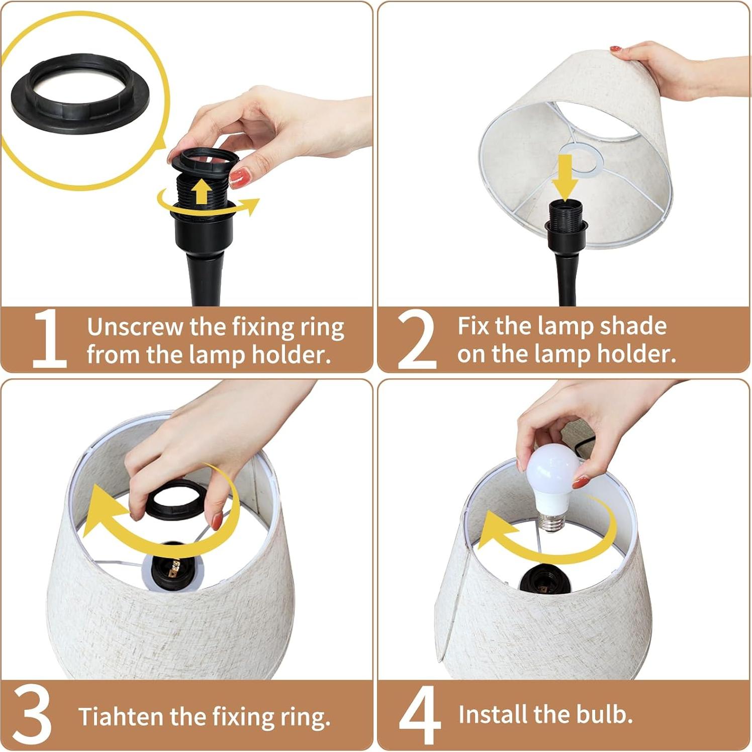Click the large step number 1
[49, 338]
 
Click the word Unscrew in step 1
[135, 327]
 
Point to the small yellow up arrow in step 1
[202, 192]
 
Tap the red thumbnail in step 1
[240, 178]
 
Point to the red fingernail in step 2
[615, 49]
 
